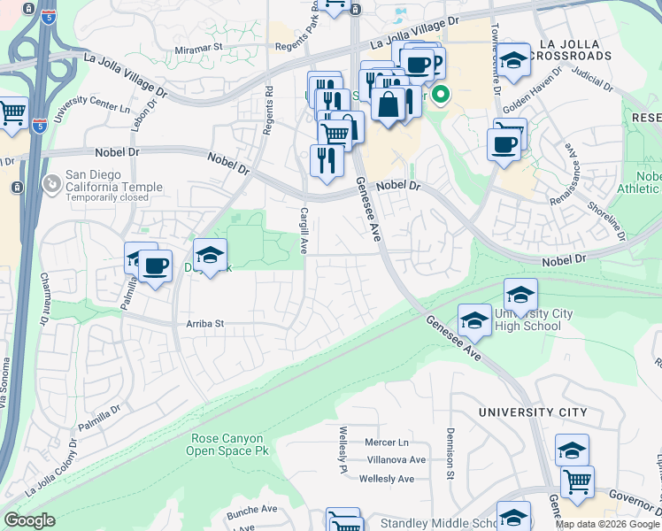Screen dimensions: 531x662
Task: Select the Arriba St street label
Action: click(202, 324)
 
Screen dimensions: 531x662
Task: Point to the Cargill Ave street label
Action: click(303, 230)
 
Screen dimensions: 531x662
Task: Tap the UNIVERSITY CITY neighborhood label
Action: click(532, 412)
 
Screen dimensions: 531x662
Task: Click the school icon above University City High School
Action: click(521, 293)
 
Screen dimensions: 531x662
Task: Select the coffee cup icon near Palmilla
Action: click(156, 265)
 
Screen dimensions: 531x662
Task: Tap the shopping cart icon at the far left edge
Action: click(12, 112)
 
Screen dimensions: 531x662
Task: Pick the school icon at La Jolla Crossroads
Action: click(512, 59)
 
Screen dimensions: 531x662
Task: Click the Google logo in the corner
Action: click(29, 520)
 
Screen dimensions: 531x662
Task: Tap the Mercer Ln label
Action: click(388, 442)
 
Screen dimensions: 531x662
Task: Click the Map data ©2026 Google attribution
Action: click(606, 524)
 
